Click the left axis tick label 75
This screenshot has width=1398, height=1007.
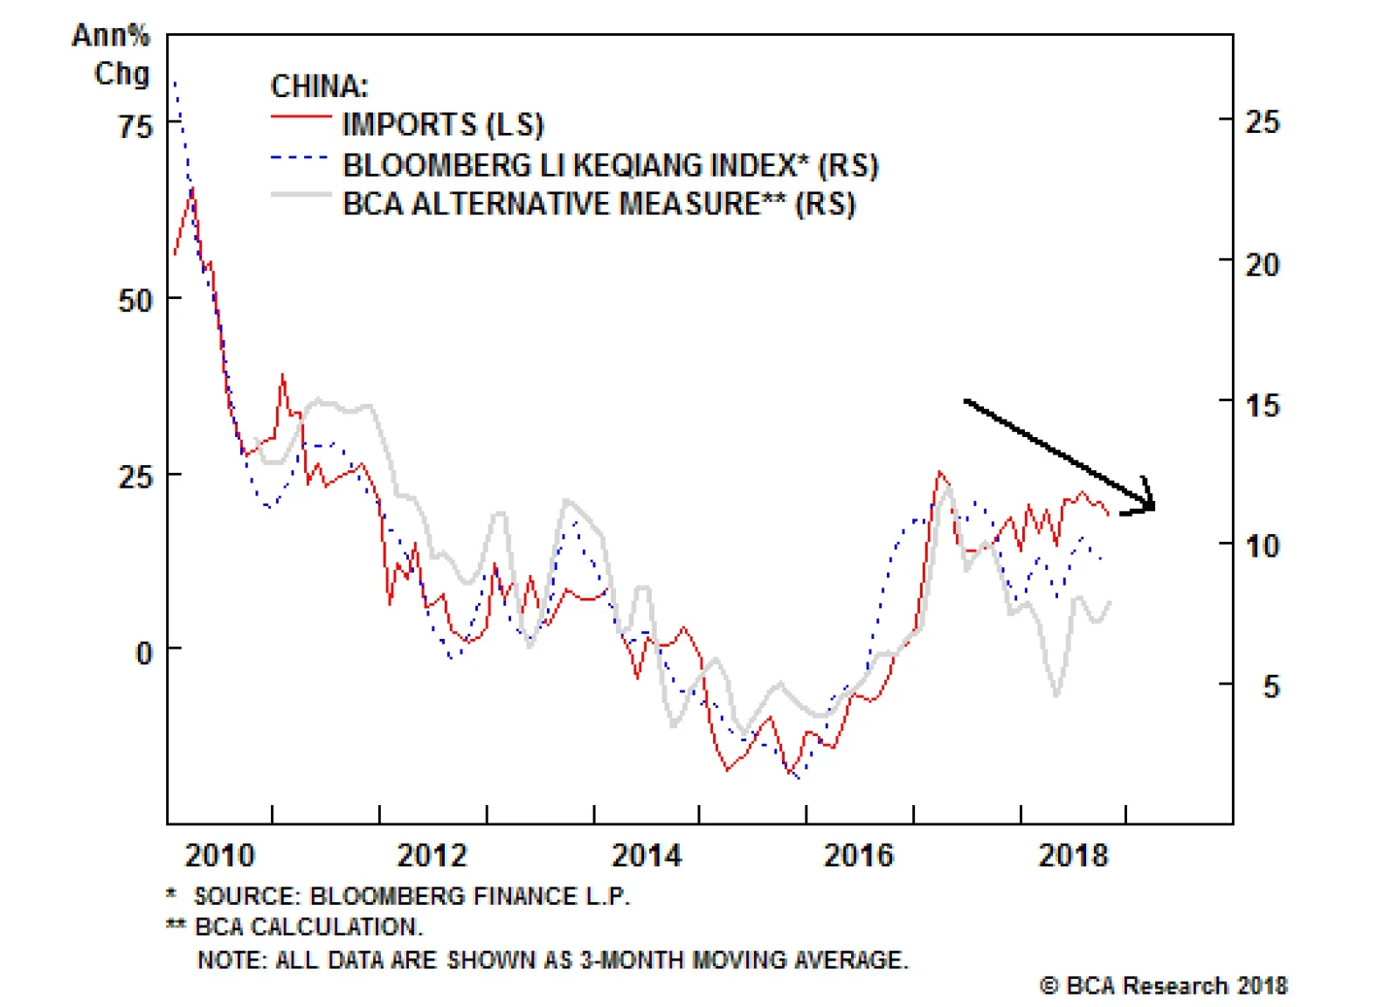(135, 127)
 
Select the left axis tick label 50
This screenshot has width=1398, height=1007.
(135, 301)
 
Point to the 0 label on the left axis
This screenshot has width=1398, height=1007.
(144, 652)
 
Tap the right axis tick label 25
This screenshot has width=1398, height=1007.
(1263, 122)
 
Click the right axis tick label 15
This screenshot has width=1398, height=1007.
(1262, 406)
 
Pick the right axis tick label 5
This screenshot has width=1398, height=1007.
(1271, 686)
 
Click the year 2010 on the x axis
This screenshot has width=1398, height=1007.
(219, 855)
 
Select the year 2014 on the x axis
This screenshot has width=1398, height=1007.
(647, 855)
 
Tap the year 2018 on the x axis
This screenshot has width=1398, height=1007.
(1073, 855)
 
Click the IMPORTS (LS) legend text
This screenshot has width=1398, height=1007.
(443, 125)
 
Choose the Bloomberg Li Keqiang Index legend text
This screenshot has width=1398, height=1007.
(610, 165)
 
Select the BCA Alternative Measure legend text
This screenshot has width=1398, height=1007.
(599, 204)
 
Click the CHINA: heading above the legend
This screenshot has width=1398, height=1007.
(320, 87)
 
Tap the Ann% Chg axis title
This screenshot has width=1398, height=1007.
(112, 54)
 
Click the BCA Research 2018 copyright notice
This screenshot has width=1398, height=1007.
(1163, 986)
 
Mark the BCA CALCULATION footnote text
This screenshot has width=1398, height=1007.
(308, 927)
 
